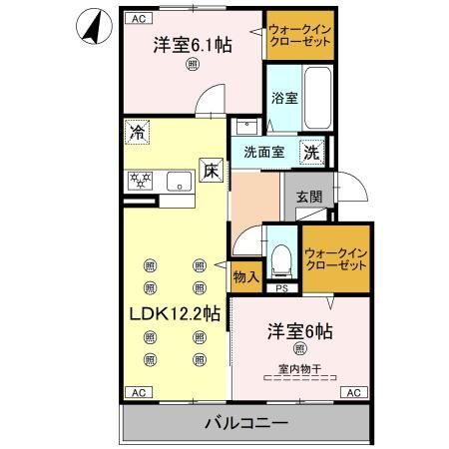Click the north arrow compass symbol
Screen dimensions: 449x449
tap(91, 28)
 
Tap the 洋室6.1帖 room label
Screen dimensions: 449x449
tap(193, 46)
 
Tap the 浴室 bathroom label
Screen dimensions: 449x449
tap(284, 98)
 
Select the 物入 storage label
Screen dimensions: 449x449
tap(246, 276)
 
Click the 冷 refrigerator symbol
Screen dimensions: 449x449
tap(136, 131)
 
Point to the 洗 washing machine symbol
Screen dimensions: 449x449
tap(312, 153)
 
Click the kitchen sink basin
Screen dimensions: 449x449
tap(181, 180)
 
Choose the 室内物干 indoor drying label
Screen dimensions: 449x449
tap(298, 370)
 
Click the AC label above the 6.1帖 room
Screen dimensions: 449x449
tap(138, 18)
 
